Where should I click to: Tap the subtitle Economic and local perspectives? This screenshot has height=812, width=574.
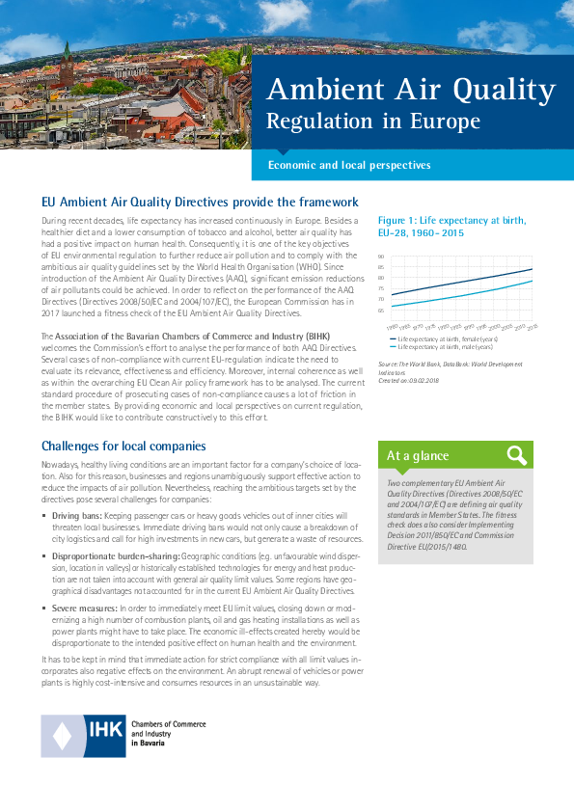click(348, 165)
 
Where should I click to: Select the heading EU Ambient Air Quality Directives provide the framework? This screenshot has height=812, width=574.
click(200, 203)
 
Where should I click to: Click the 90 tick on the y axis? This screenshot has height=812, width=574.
click(381, 257)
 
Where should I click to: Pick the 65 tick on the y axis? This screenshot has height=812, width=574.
click(381, 311)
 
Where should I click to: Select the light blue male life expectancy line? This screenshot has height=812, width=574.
click(463, 296)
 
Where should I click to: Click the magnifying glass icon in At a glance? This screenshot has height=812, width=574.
click(516, 455)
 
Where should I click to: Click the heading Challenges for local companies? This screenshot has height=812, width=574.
click(123, 446)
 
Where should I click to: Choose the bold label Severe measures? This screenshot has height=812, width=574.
click(85, 608)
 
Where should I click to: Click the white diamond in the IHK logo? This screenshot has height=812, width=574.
click(62, 737)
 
